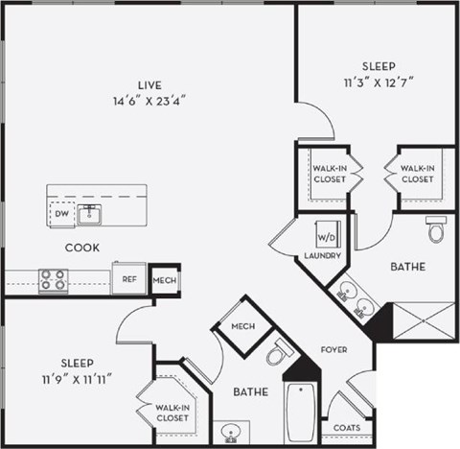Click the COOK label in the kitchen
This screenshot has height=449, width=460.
coord(82,247)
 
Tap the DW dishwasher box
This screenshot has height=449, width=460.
coord(62,216)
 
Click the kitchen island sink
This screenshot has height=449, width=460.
coord(91,214)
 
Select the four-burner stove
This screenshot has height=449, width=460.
coord(53,280)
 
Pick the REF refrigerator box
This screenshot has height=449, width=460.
coord(127,279)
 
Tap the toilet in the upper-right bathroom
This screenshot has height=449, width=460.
coord(437,230)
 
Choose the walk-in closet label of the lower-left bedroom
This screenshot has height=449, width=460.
coord(172,413)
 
